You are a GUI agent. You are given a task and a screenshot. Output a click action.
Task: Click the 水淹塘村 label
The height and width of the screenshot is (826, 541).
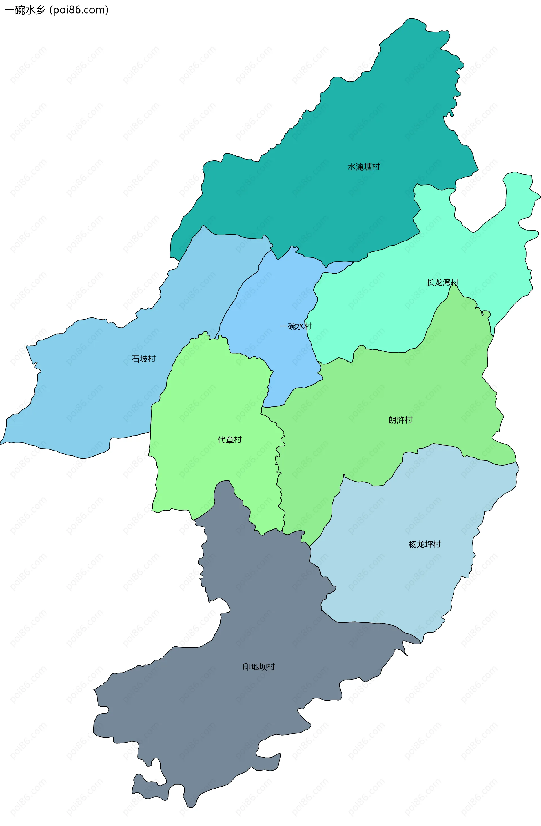(x=363, y=167)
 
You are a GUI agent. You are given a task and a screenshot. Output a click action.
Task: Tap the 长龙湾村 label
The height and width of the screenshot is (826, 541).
(x=442, y=282)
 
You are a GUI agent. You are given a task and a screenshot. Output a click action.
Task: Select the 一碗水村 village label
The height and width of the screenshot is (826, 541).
(x=296, y=326)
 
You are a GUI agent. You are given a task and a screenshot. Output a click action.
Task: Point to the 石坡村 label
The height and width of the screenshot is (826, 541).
(x=143, y=359)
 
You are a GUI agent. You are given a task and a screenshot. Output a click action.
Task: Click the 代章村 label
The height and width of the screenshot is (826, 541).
(x=230, y=440)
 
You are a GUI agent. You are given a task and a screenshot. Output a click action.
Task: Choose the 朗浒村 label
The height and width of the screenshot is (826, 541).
(x=400, y=420)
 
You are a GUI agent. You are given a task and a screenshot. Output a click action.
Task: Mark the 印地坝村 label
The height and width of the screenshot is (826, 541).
(x=259, y=667)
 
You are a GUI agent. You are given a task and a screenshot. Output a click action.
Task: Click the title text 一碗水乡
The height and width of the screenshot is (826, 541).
(x=25, y=10)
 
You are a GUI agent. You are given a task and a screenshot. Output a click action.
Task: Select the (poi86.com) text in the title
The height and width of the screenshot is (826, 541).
(x=79, y=10)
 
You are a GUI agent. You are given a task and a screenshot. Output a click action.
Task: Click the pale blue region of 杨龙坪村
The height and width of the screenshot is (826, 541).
(x=399, y=590)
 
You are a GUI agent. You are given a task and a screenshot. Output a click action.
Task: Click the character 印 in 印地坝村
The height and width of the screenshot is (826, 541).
(x=247, y=667)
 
